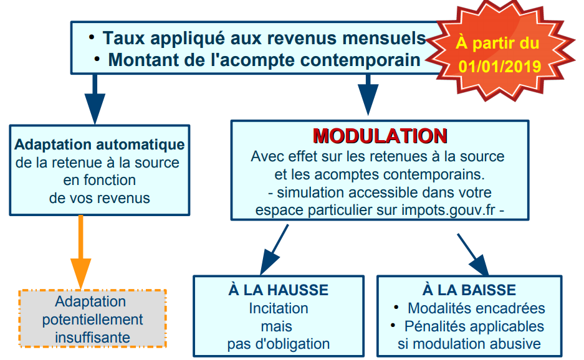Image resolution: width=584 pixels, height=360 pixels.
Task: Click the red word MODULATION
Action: point(380,136)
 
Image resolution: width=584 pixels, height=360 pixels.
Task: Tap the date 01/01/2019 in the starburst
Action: point(499,66)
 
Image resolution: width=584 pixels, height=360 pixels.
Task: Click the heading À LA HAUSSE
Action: point(279,290)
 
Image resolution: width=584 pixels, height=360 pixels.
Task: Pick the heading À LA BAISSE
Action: point(469,290)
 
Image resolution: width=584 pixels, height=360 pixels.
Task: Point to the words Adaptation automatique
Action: point(100,144)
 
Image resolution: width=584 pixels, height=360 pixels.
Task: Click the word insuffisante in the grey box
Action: point(92,338)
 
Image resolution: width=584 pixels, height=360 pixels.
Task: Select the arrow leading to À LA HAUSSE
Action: point(274,250)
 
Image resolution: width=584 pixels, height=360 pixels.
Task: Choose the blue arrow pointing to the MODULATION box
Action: point(368,95)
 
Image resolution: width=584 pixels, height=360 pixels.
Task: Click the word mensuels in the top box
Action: point(384,38)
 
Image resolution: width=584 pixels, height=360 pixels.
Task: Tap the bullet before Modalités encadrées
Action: point(396,307)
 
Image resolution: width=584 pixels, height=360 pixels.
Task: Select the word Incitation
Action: point(279,308)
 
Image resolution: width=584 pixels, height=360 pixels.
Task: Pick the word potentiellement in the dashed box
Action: point(92,320)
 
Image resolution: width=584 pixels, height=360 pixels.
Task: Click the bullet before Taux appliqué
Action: point(92,37)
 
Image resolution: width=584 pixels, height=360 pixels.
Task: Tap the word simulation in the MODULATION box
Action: point(310,192)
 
